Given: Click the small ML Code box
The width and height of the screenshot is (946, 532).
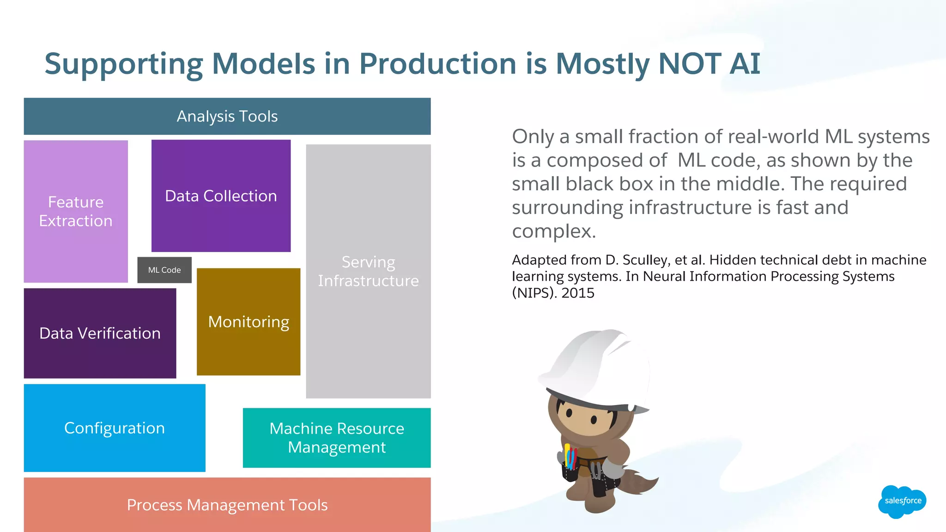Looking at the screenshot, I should pyautogui.click(x=164, y=270).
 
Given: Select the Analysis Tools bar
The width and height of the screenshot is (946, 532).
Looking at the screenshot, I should pyautogui.click(x=227, y=116).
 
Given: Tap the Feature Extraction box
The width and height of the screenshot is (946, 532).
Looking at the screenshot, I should pyautogui.click(x=76, y=212).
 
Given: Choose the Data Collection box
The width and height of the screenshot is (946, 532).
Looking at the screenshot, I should pyautogui.click(x=221, y=196).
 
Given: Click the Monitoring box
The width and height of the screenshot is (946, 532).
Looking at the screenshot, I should pyautogui.click(x=249, y=322).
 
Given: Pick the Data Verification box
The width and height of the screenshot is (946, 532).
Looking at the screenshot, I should pyautogui.click(x=100, y=333).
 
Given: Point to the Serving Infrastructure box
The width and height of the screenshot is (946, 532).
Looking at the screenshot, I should pyautogui.click(x=368, y=272).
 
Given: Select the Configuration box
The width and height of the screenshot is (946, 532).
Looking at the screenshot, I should pyautogui.click(x=115, y=428).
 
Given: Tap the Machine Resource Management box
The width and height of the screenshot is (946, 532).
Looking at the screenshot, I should pyautogui.click(x=337, y=438).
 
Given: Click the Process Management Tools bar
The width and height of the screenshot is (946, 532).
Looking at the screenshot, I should pyautogui.click(x=227, y=505).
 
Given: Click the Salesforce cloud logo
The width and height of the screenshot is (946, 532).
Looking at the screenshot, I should pyautogui.click(x=902, y=501).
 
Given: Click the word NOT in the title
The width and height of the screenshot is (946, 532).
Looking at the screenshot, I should pyautogui.click(x=690, y=63).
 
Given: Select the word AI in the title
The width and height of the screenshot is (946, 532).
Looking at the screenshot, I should pyautogui.click(x=745, y=63).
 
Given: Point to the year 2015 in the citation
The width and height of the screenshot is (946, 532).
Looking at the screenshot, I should pyautogui.click(x=577, y=293).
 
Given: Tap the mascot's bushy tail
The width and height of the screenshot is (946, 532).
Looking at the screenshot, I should pyautogui.click(x=640, y=483).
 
